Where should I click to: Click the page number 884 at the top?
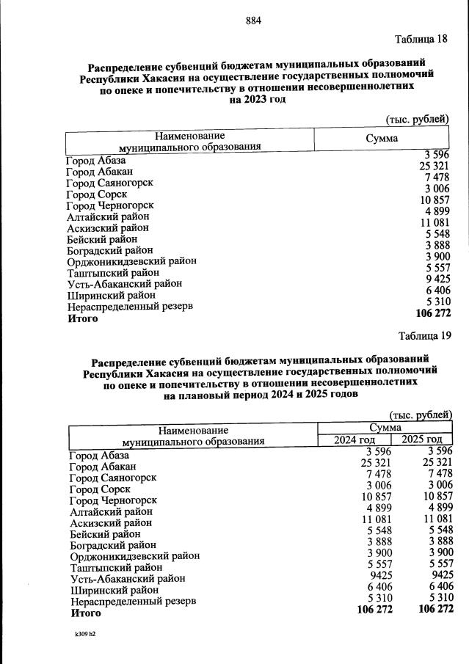click(x=254, y=20)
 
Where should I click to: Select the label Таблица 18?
click(x=421, y=39)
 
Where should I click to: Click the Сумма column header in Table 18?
click(x=382, y=138)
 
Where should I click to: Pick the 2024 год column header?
click(x=355, y=439)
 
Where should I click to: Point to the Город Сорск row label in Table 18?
click(x=96, y=194)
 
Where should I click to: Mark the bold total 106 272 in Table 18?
click(x=432, y=313)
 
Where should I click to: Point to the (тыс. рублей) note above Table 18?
click(x=417, y=120)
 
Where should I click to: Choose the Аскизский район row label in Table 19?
click(x=111, y=522)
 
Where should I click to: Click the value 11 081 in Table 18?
click(x=434, y=222)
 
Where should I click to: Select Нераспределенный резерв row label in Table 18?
click(x=130, y=306)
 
